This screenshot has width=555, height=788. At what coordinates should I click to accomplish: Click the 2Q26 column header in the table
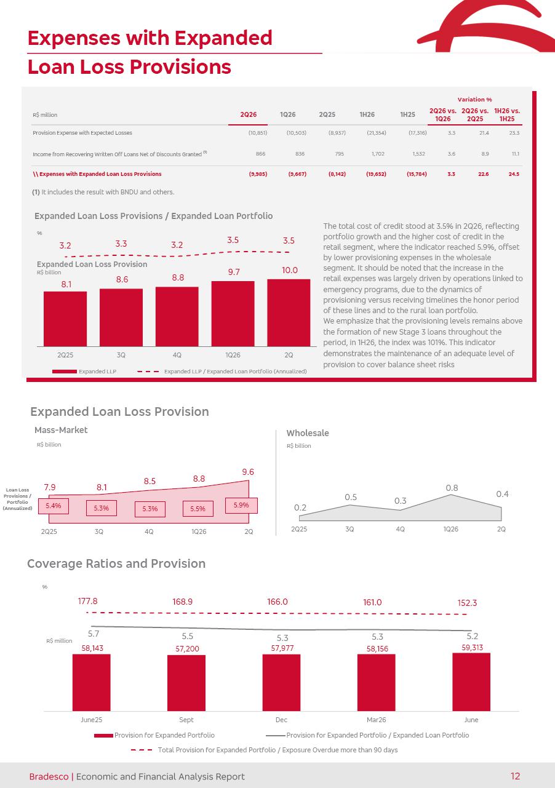(x=248, y=114)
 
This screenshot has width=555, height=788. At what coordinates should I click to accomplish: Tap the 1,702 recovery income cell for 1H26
(x=378, y=154)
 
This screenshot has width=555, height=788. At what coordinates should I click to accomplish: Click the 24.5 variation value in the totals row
(x=514, y=174)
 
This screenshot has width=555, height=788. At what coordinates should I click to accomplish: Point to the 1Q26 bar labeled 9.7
(x=233, y=314)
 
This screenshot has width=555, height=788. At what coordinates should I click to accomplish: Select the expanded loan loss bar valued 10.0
(x=289, y=312)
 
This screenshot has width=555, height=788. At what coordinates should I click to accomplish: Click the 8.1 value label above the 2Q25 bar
(x=66, y=284)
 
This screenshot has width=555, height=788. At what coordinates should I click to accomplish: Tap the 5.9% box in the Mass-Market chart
(x=241, y=505)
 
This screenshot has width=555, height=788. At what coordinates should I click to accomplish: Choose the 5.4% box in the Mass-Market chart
(x=54, y=506)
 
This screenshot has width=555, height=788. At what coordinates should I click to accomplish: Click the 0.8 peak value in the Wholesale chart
(x=452, y=488)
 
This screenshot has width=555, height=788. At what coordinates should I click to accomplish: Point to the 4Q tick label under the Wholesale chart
(x=400, y=529)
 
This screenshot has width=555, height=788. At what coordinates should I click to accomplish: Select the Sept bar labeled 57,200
(x=186, y=683)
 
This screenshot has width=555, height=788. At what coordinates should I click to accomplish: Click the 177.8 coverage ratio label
(x=87, y=601)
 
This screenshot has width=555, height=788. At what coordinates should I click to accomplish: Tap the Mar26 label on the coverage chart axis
(x=376, y=720)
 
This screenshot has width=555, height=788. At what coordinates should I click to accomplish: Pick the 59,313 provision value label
(x=473, y=648)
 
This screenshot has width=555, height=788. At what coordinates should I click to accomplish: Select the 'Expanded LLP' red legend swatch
(x=65, y=372)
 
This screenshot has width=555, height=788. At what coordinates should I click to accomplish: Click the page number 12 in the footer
(x=515, y=776)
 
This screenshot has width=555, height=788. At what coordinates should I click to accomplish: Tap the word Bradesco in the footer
(x=49, y=776)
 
